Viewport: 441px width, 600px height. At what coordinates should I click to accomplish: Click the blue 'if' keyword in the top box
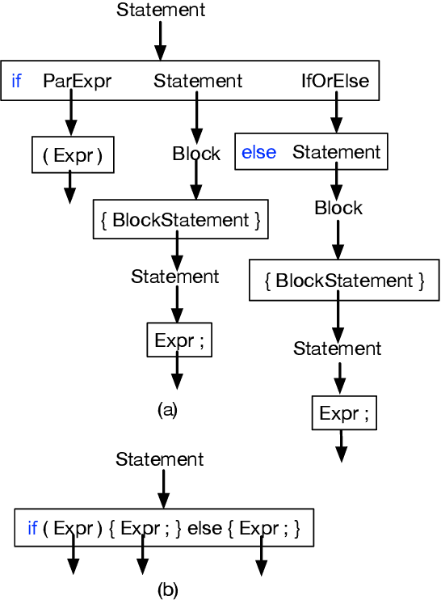coord(16,81)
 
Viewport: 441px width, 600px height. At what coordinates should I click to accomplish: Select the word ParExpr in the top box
coord(78,81)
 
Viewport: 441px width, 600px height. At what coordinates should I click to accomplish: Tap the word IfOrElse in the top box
coord(335,81)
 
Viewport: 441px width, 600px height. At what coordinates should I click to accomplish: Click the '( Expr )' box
coord(73,155)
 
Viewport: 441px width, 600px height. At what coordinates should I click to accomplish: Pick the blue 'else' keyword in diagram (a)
coord(258,152)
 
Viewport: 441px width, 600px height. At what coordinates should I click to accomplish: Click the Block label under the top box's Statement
coord(196,154)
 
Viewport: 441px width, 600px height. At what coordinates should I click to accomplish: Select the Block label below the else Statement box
coord(338,209)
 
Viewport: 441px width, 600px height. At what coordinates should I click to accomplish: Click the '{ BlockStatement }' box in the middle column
coord(181,220)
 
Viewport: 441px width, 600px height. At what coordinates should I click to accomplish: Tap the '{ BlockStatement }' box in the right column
coord(344,281)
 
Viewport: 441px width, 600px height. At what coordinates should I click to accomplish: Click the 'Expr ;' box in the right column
coord(344,413)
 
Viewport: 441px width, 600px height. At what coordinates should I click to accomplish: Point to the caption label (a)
coord(167,410)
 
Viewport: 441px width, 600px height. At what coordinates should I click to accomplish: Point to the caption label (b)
coord(167,589)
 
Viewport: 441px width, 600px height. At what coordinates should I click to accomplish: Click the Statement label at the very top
coord(161,11)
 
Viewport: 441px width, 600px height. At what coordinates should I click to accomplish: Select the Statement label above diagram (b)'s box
coord(160,459)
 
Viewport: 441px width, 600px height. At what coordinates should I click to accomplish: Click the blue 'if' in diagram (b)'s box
coord(32,529)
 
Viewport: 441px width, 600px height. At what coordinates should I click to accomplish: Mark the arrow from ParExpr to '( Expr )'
coord(71,118)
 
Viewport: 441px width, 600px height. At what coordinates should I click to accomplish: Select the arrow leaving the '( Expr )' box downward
coord(70,188)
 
